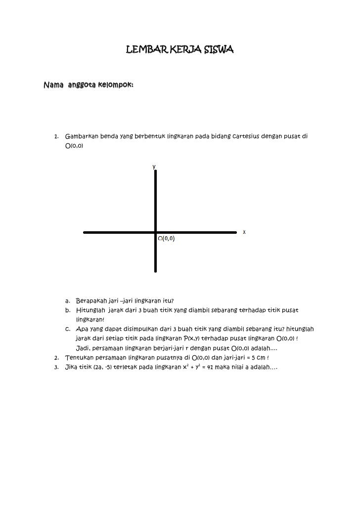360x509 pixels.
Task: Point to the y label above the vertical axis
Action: tap(154, 167)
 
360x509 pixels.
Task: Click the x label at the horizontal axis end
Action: tap(244, 232)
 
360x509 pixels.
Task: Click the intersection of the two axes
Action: tap(156, 231)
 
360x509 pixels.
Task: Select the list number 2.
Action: tap(56, 357)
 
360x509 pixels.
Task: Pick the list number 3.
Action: tap(56, 367)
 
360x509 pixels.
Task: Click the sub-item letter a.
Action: tap(67, 300)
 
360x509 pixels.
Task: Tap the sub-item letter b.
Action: tap(67, 310)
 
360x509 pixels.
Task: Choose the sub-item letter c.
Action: tap(67, 329)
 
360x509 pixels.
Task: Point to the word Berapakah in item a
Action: tap(91, 300)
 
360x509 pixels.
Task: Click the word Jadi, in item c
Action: tap(83, 348)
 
